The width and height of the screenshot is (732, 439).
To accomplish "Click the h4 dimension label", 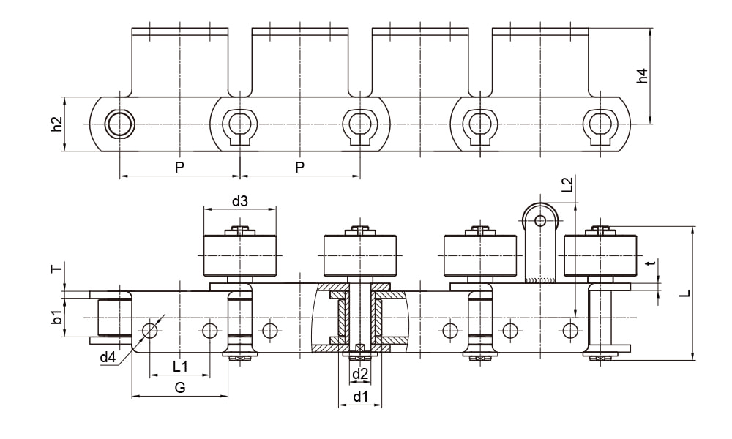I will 642,75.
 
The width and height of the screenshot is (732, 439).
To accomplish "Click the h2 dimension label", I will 56,124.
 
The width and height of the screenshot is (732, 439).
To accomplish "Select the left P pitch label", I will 179,168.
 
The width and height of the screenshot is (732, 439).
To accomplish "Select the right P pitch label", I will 299,168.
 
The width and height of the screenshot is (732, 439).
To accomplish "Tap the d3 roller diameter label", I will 239,200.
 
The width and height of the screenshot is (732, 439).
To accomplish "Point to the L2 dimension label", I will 568,184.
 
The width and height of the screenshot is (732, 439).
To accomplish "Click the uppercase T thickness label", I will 55,269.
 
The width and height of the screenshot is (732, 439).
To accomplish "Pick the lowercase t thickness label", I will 647,263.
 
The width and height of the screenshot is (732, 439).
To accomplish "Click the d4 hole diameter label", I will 108,357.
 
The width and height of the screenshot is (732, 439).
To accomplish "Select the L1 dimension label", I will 179,365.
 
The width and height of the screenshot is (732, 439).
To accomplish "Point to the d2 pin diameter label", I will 360,375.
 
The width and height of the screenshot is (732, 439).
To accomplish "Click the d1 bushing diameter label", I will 360,397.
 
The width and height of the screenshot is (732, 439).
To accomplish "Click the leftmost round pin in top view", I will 119,124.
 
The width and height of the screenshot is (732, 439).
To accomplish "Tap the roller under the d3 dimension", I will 239,255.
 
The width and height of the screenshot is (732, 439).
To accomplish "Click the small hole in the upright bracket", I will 540,220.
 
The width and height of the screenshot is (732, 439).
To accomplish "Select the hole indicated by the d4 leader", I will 150,330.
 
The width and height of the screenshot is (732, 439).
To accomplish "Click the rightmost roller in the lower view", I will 600,255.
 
